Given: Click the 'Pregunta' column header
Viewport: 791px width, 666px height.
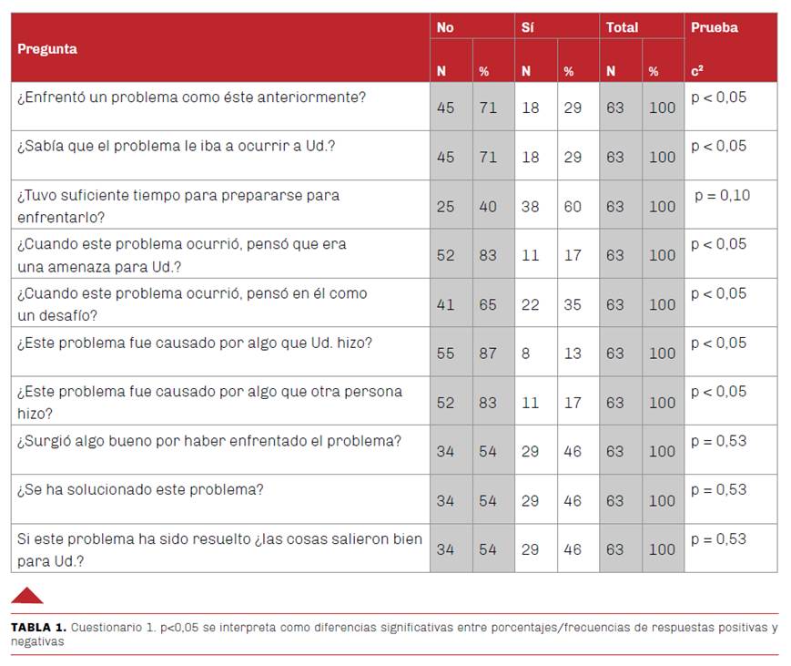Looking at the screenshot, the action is pos(47,49).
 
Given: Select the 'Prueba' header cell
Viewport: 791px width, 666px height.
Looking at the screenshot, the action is pos(715,27).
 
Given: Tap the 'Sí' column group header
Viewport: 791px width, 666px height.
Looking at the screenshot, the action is pos(528,27).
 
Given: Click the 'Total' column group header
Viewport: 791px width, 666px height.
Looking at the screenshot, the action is pos(622,27).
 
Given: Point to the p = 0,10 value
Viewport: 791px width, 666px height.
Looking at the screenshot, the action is pos(723,195).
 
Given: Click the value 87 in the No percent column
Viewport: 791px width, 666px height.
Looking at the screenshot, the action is pos(488,353).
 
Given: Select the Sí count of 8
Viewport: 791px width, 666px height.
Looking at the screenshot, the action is pos(525,353).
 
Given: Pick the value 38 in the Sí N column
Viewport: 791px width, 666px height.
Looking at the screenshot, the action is pos(530,207).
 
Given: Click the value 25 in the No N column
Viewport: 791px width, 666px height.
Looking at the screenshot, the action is pos(445,207).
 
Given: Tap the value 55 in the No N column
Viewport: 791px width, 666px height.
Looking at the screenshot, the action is pos(445,353).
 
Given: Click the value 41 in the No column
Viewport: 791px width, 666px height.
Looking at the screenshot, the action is pos(445,304).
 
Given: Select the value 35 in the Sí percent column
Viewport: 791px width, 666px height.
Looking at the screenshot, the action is pos(573,304).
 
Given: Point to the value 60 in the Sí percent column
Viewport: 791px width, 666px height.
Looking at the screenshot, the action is pos(573,207).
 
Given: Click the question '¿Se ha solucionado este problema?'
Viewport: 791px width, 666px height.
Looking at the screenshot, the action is pos(140,490).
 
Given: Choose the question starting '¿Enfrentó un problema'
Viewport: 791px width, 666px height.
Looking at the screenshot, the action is pos(192,97).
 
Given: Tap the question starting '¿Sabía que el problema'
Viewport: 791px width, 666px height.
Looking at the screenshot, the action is pos(176,146).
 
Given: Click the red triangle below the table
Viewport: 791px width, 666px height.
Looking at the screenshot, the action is pos(27,598).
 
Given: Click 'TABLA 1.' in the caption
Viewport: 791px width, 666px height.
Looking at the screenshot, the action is pos(39,628).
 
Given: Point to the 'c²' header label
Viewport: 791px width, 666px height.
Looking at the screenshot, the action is pos(697,71).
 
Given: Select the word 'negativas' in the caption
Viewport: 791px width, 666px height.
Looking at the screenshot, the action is pos(37,641).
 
